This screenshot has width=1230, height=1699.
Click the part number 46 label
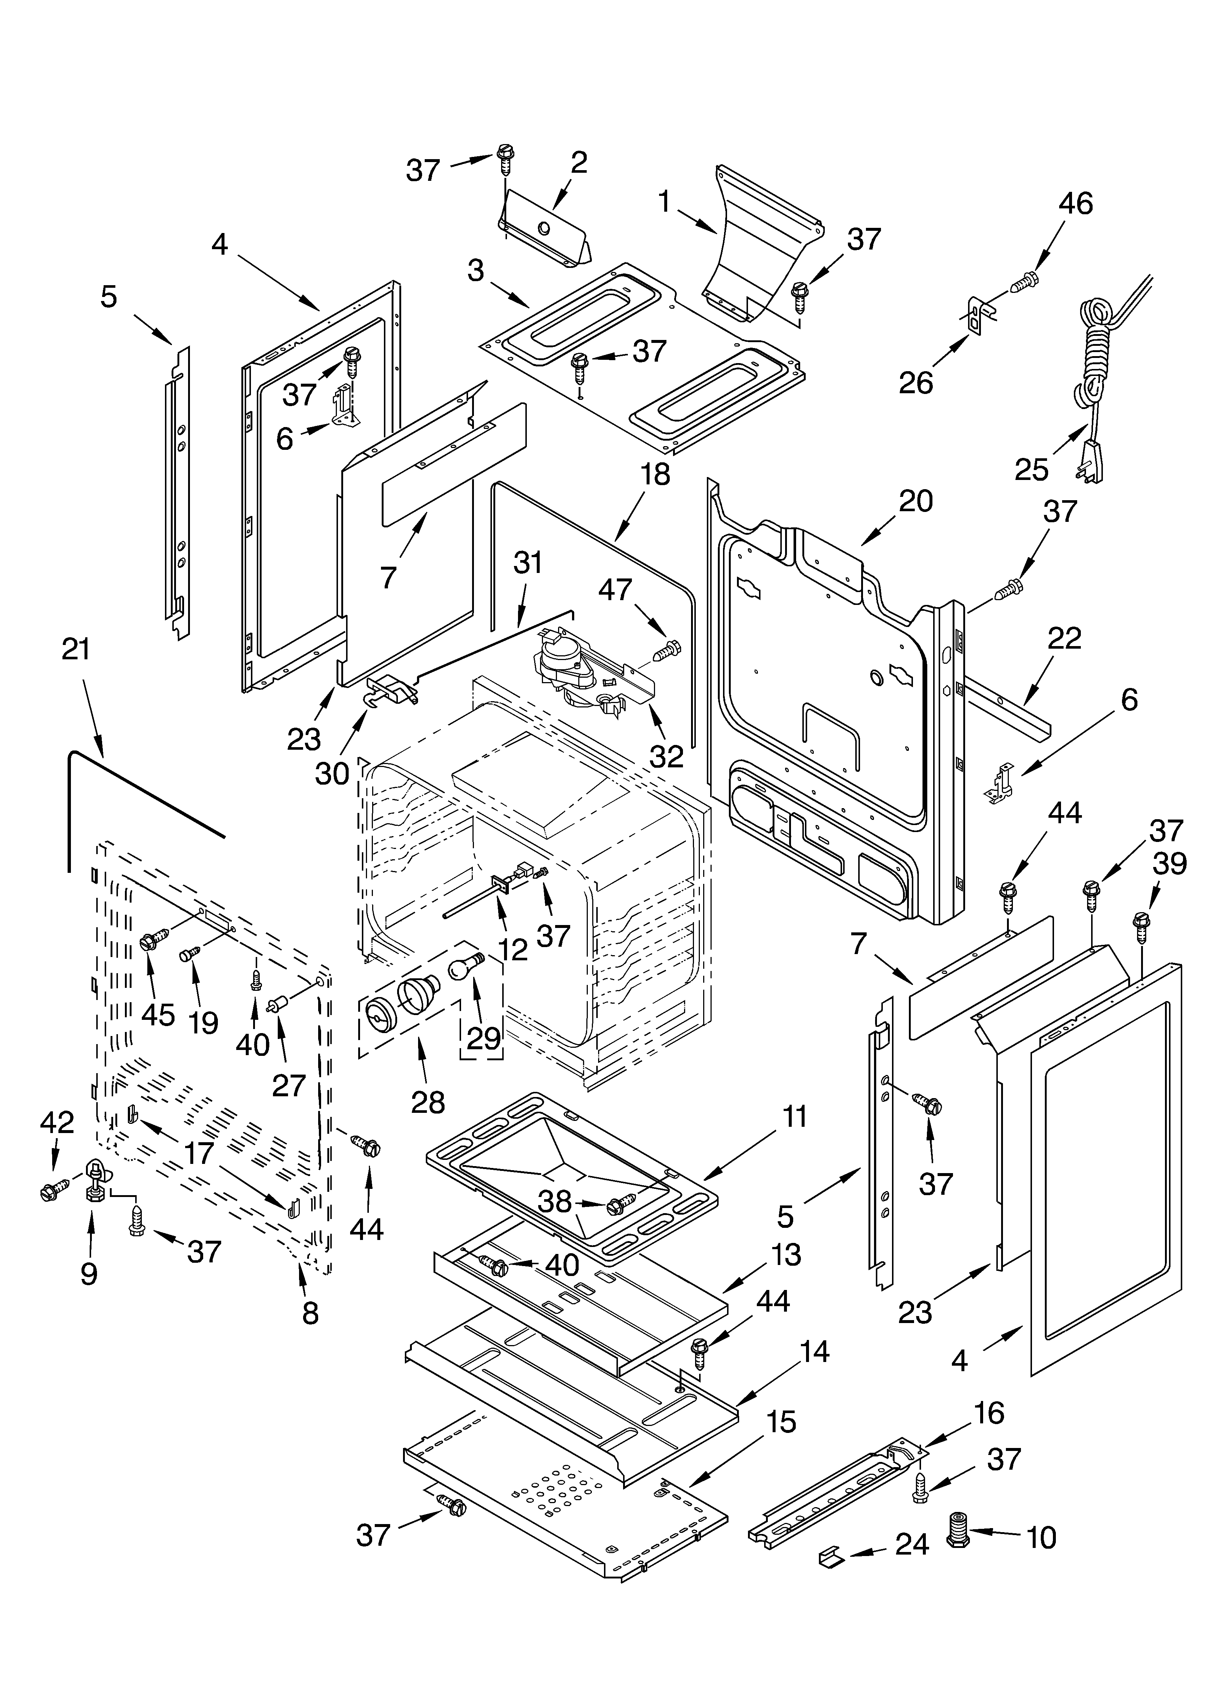click(x=1076, y=204)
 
